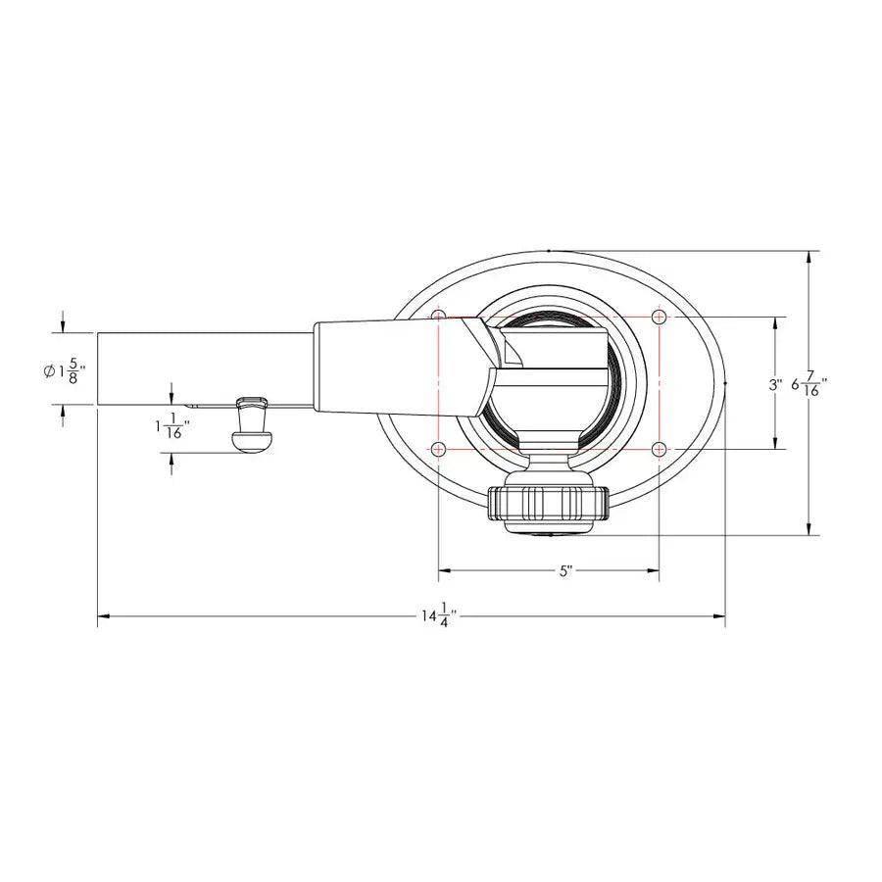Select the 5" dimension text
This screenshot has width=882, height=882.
click(565, 571)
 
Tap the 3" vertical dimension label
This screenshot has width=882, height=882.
click(775, 385)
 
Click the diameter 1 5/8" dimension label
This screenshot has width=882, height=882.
click(66, 371)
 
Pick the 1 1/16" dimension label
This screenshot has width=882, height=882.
click(172, 426)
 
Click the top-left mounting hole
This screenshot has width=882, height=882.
click(438, 317)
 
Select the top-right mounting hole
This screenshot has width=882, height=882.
click(660, 317)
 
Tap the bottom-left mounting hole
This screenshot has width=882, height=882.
click(438, 449)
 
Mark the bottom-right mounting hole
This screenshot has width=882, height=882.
click(660, 449)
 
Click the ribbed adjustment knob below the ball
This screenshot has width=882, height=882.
click(548, 502)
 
